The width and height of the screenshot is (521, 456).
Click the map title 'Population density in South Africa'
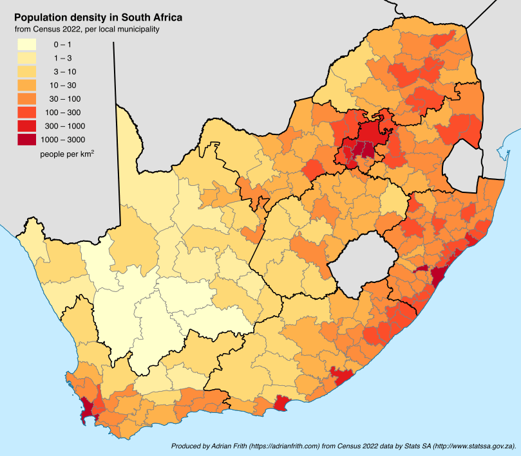tap(98, 17)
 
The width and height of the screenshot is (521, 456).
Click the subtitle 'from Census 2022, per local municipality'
tap(87, 29)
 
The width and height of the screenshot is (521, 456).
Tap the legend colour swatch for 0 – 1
tap(27, 44)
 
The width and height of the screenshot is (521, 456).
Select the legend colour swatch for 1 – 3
tap(27, 58)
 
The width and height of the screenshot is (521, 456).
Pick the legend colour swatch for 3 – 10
tap(27, 71)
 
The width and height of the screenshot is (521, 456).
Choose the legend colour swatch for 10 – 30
tap(27, 85)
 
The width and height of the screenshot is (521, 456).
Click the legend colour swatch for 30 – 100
tap(27, 98)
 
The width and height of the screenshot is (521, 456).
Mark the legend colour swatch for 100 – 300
tap(27, 112)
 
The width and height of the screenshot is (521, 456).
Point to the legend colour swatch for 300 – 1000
tap(27, 125)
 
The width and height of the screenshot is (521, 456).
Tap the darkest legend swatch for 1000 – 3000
tap(27, 139)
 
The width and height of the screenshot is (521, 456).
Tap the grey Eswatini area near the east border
tap(463, 161)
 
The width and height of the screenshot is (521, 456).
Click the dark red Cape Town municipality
tap(91, 405)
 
